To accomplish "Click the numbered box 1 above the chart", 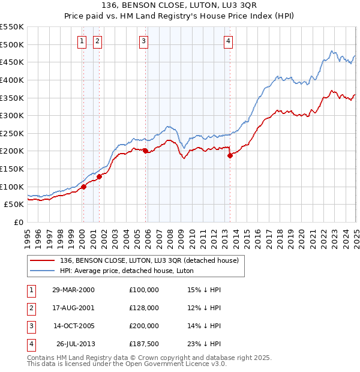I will click(x=81, y=41).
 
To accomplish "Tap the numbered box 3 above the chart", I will click(x=144, y=41).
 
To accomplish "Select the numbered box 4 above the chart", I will click(x=229, y=41).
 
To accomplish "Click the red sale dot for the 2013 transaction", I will click(x=230, y=155).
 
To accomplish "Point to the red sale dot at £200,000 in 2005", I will click(x=145, y=151).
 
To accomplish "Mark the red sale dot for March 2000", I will click(x=84, y=187).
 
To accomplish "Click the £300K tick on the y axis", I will click(x=13, y=115).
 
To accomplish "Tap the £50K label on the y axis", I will click(x=15, y=205).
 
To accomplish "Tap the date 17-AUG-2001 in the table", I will click(x=73, y=308).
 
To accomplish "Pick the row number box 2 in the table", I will click(x=29, y=308).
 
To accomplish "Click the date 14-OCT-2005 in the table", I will click(x=73, y=326).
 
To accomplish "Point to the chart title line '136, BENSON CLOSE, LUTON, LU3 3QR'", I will click(x=180, y=6).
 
